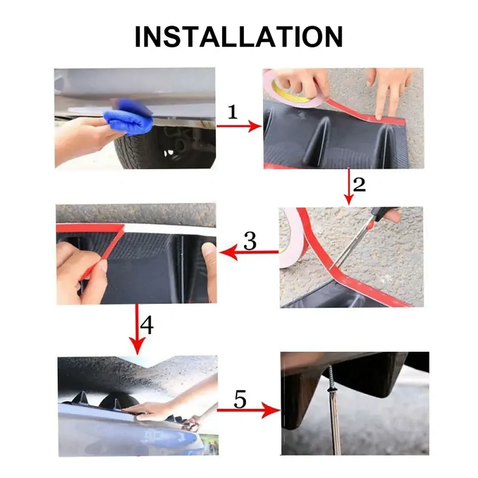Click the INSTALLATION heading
[238, 37]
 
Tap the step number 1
[233, 113]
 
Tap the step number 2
[359, 184]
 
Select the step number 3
[250, 241]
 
